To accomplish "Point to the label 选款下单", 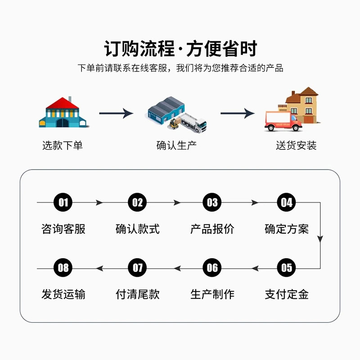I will click(x=63, y=145).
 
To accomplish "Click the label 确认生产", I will click(x=177, y=145).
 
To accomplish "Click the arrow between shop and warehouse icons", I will click(x=116, y=113).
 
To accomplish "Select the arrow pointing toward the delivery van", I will click(x=238, y=113).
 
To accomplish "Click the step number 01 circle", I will click(x=63, y=202).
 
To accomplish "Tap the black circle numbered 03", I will click(x=212, y=202).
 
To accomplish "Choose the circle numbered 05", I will click(x=287, y=268).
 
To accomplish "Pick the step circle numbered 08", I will click(x=63, y=268).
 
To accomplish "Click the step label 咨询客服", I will click(x=63, y=229).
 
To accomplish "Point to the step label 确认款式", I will click(x=138, y=229).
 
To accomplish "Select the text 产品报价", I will click(x=212, y=229).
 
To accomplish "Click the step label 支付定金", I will click(x=287, y=295).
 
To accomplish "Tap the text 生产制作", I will click(x=212, y=295).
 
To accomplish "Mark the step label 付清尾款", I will click(x=138, y=295).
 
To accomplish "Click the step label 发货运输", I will click(x=63, y=295).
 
